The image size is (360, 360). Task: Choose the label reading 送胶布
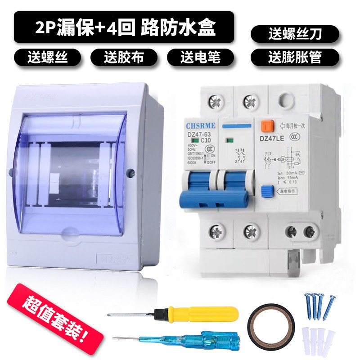(124, 57)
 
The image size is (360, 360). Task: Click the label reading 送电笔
(201, 57)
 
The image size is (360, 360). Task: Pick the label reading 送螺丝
(47, 57)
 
